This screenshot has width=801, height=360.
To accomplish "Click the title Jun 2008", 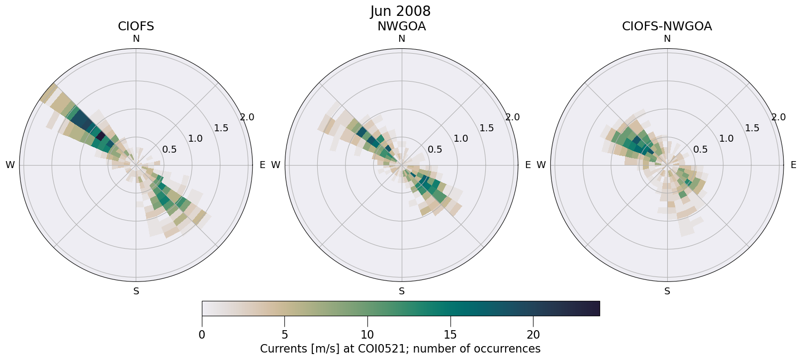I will pyautogui.click(x=400, y=11).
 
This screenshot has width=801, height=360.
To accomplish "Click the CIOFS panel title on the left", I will pyautogui.click(x=136, y=26).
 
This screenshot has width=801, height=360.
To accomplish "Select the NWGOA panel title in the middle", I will pyautogui.click(x=401, y=26).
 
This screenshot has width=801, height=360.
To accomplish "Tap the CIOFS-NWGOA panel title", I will pyautogui.click(x=667, y=26).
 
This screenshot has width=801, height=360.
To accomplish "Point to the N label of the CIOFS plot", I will pyautogui.click(x=136, y=39).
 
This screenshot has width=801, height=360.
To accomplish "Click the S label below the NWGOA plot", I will pyautogui.click(x=402, y=291).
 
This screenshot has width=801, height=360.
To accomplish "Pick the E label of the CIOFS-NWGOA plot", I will pyautogui.click(x=794, y=165).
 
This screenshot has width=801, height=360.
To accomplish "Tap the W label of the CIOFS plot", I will pyautogui.click(x=10, y=165).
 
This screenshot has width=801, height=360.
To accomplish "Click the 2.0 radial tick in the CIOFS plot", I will pyautogui.click(x=247, y=117).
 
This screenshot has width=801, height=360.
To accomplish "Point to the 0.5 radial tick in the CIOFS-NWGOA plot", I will pyautogui.click(x=701, y=149).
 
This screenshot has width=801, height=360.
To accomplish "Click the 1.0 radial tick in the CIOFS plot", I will pyautogui.click(x=195, y=139).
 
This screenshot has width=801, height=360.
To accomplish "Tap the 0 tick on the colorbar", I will pyautogui.click(x=202, y=335).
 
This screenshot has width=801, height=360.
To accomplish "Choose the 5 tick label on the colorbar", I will pyautogui.click(x=284, y=335).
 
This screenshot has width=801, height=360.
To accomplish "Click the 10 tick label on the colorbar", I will pyautogui.click(x=367, y=335).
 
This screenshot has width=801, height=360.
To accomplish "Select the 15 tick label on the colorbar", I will pyautogui.click(x=450, y=335).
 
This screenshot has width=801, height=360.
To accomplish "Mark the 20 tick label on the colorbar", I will pyautogui.click(x=533, y=335).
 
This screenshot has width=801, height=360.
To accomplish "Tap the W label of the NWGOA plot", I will pyautogui.click(x=275, y=165).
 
